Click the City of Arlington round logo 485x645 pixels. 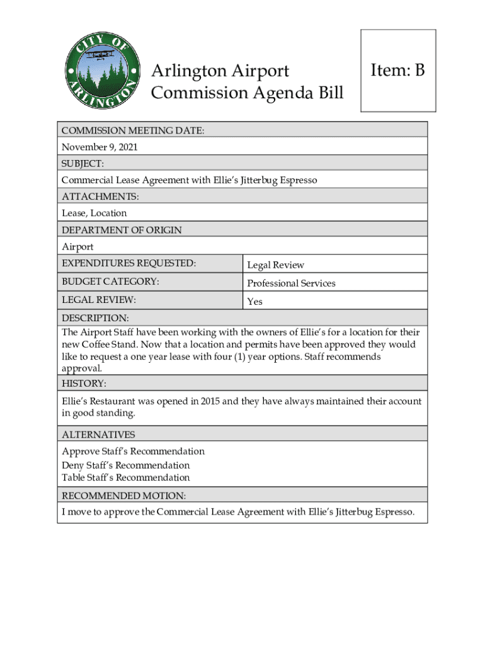(101, 69)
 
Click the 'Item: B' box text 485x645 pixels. (397, 70)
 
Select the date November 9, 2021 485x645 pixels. (99, 147)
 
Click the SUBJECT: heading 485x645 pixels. (82, 164)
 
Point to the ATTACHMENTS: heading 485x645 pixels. (100, 197)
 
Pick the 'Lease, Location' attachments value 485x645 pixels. (94, 213)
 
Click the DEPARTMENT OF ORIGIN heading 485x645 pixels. (122, 230)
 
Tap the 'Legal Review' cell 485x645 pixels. (275, 265)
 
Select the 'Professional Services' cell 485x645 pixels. (291, 283)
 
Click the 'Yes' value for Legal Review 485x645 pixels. (254, 302)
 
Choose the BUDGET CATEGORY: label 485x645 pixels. (110, 282)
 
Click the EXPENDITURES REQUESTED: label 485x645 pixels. (128, 263)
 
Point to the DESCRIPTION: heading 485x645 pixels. (95, 318)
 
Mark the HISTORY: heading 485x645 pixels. (84, 384)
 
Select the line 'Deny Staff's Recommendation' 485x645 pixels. (125, 465)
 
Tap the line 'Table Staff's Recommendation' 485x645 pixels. (125, 477)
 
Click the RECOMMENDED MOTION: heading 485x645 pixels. (123, 496)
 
